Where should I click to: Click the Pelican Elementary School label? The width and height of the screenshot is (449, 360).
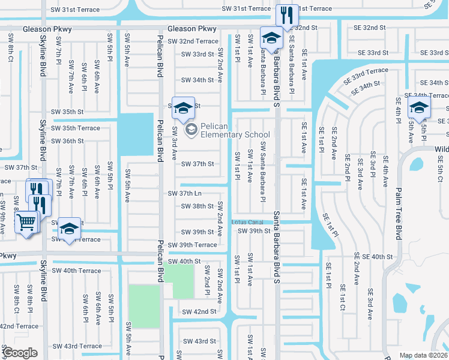click(x=235, y=130)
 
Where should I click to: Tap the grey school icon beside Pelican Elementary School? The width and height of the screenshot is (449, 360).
click(x=191, y=130)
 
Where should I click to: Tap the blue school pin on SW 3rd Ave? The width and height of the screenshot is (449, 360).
click(x=183, y=107)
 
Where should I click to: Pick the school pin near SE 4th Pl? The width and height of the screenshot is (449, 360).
click(x=418, y=108)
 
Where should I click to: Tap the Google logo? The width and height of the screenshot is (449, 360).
click(x=20, y=353)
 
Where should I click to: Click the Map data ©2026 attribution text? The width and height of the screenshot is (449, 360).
click(x=424, y=355)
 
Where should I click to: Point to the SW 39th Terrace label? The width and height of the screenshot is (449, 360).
click(x=192, y=245)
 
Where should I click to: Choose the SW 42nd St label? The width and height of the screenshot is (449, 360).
click(x=199, y=311)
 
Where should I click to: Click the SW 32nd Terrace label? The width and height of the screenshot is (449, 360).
click(x=193, y=41)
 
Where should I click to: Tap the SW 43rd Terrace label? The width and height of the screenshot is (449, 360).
click(x=76, y=346)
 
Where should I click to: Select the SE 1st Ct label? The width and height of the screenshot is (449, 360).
click(x=342, y=298)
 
